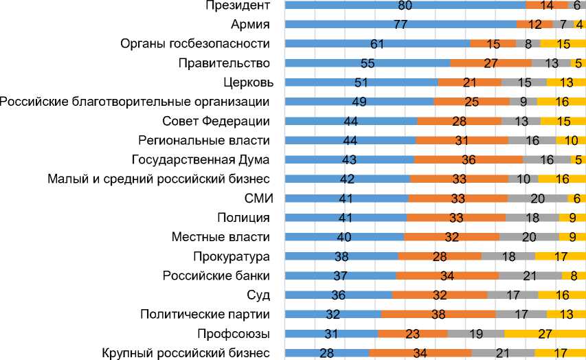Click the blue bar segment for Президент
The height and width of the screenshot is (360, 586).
(405, 5)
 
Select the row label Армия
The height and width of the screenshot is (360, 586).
(250, 25)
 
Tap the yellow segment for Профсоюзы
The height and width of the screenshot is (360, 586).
(545, 334)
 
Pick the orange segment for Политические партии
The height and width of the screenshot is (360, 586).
(438, 315)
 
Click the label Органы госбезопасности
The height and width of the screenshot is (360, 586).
(194, 44)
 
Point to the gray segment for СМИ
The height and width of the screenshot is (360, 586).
(537, 199)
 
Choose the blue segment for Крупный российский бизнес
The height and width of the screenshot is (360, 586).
(327, 353)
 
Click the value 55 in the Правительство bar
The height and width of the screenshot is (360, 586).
(368, 63)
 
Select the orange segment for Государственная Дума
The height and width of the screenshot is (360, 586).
(469, 160)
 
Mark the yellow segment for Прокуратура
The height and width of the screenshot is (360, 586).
(560, 257)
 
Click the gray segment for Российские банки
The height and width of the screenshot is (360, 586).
(530, 276)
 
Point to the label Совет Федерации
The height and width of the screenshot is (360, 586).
(216, 122)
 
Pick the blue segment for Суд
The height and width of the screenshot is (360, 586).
(338, 295)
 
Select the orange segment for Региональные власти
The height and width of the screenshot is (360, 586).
(462, 141)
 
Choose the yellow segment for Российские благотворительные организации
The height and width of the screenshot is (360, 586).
(561, 102)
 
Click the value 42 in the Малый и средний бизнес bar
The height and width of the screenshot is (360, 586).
(347, 179)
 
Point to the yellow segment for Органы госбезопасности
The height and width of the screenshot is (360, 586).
(563, 44)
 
